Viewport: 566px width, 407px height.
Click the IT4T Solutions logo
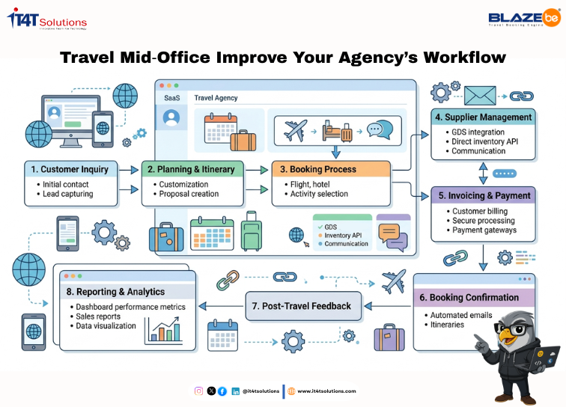coord(46,20)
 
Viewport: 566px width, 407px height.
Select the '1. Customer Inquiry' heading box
coord(70,169)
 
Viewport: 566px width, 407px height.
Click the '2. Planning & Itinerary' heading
coord(192,169)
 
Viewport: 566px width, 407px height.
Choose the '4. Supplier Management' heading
coord(483,117)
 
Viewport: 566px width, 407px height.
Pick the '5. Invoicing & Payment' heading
coord(483,195)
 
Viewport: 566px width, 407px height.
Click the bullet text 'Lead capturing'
coord(68,194)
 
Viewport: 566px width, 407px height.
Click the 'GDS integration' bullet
coord(478,132)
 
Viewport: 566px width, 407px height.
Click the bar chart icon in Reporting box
coord(164,330)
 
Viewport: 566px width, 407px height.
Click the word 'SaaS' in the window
coord(171,97)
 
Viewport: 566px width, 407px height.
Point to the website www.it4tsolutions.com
coord(326,391)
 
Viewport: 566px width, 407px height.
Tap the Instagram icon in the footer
coord(198,391)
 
